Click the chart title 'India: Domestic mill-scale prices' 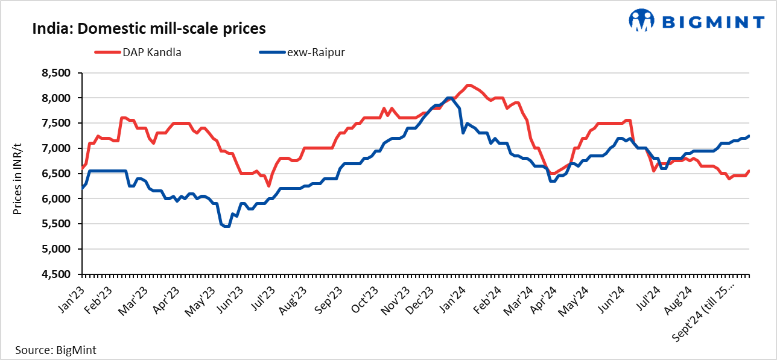click(149, 28)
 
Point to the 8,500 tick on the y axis click(55, 73)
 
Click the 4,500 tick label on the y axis click(55, 274)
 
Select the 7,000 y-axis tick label click(55, 148)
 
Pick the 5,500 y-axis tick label click(55, 224)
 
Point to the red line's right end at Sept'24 click(749, 171)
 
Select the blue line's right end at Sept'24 click(749, 136)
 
